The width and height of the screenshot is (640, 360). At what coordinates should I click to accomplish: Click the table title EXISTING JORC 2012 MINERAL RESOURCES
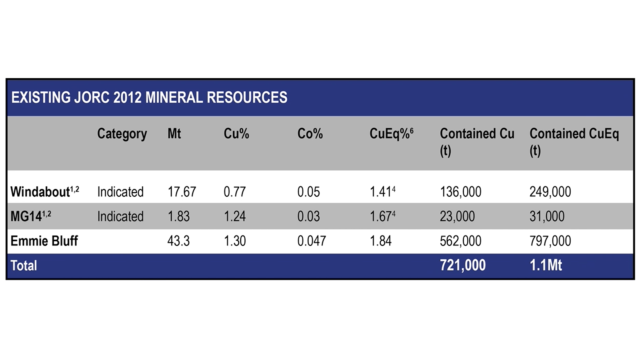[149, 97]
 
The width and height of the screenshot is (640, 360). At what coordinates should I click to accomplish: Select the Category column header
[122, 134]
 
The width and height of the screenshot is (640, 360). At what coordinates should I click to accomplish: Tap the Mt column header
[174, 134]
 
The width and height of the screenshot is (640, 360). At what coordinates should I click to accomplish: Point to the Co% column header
[310, 134]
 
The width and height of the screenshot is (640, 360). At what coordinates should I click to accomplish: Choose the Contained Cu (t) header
[477, 142]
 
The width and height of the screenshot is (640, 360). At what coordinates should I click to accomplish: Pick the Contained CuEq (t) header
[574, 142]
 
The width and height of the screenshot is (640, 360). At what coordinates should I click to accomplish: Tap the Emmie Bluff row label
[44, 241]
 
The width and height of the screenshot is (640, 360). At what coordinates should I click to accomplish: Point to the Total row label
[24, 266]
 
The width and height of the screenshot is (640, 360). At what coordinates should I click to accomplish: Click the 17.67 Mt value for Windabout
[182, 192]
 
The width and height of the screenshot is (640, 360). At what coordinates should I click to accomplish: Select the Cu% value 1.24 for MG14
[235, 216]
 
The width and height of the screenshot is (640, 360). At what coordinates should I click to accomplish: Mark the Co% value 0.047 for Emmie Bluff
[311, 241]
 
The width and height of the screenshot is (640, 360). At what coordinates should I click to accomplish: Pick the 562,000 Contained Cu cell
[460, 241]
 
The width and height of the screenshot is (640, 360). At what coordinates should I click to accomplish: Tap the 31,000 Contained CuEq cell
[547, 216]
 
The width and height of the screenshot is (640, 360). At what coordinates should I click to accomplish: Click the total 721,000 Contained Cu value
[463, 265]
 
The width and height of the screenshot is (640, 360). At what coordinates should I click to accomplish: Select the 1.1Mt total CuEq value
[546, 265]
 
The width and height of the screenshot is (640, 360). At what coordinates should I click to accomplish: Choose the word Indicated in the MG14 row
[120, 216]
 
